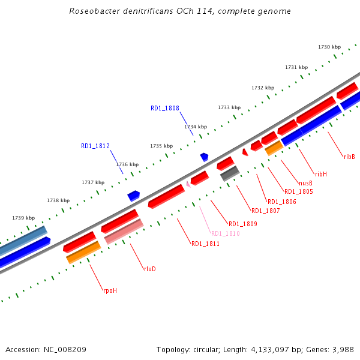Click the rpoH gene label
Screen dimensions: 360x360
tap(110, 290)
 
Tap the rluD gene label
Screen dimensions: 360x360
tap(149, 269)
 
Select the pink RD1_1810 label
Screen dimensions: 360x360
tap(225, 233)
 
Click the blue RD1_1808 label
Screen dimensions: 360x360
tap(165, 108)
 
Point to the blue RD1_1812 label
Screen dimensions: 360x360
tap(95, 146)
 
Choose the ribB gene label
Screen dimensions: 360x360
tap(349, 157)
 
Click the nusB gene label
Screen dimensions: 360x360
tap(305, 183)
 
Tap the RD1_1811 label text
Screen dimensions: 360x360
tap(205, 244)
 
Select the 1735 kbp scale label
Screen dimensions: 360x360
tap(161, 146)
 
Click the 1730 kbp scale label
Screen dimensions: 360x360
tap(329, 47)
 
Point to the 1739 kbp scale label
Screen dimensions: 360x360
tap(23, 218)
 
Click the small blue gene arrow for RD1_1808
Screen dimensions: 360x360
tap(205, 157)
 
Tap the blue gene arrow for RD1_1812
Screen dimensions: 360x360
tap(133, 195)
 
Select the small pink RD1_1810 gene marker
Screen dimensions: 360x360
tap(188, 184)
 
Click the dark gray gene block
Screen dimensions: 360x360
tap(230, 173)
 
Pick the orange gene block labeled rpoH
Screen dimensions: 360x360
tap(83, 253)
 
